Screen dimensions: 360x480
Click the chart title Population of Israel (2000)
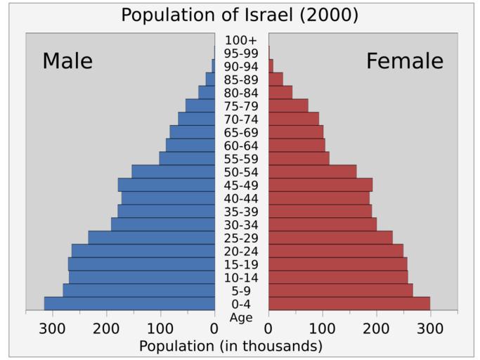(x=240, y=15)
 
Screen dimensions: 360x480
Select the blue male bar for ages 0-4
(x=129, y=303)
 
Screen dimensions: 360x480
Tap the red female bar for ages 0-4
(x=349, y=303)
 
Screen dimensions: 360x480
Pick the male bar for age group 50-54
(x=173, y=172)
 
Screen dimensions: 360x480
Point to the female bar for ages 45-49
(x=320, y=185)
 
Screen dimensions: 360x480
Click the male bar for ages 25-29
(x=151, y=238)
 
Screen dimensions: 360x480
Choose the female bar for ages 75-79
(x=288, y=105)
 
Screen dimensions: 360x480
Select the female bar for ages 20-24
(x=335, y=251)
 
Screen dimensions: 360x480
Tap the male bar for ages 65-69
(x=192, y=132)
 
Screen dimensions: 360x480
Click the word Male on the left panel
(x=67, y=61)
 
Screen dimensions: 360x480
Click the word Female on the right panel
(x=405, y=61)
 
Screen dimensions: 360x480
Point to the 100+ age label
(x=241, y=40)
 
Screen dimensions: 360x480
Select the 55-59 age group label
(x=241, y=159)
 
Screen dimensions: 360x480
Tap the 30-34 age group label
(x=241, y=225)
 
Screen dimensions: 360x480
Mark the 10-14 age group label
(x=241, y=278)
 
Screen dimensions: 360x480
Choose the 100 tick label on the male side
(x=161, y=327)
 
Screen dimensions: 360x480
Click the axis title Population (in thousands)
(x=231, y=346)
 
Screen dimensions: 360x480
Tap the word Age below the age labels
(x=241, y=317)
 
